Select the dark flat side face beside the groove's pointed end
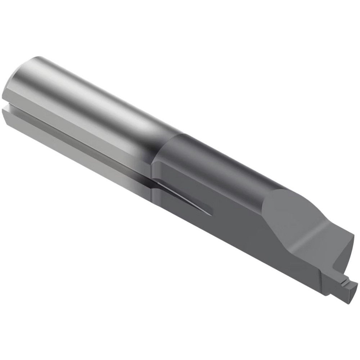(234, 223)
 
